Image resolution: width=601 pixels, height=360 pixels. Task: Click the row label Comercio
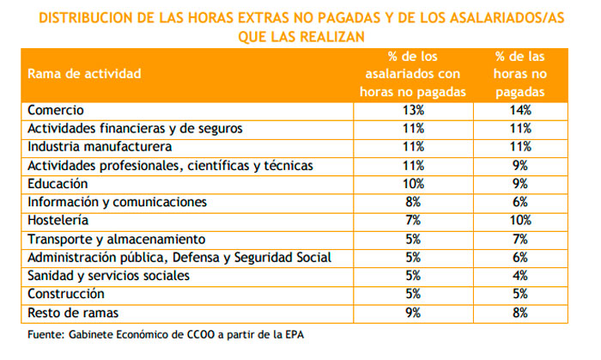(x=56, y=110)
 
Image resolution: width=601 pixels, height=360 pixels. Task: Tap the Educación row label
(x=58, y=184)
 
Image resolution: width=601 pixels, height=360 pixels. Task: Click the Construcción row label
(x=65, y=295)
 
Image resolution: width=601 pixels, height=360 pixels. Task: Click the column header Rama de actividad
(x=84, y=74)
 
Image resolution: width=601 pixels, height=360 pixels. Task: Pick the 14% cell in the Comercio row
(x=520, y=110)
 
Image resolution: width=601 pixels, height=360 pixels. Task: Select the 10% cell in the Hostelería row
(x=520, y=221)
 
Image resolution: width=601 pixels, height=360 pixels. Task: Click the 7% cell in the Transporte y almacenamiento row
(x=520, y=240)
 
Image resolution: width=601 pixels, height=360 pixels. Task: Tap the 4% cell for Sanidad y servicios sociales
(x=520, y=277)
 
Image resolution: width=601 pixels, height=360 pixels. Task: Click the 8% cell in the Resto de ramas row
(x=520, y=314)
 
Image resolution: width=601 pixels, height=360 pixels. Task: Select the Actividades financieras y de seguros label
(x=135, y=129)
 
